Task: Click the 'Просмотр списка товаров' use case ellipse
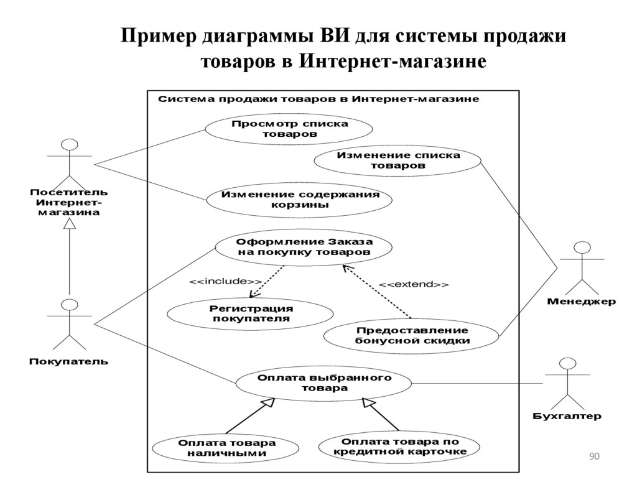289,129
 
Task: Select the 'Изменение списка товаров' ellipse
398,160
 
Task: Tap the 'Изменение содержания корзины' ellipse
300,199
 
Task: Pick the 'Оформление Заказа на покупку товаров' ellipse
304,248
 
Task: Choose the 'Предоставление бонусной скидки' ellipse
411,335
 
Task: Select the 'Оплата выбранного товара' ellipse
324,382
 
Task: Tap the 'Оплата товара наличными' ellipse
226,448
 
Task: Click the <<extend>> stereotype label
414,284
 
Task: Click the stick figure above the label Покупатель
69,324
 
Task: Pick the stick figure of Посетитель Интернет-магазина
69,159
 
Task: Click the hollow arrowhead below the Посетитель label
70,226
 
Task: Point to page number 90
593,457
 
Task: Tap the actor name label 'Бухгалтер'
567,416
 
